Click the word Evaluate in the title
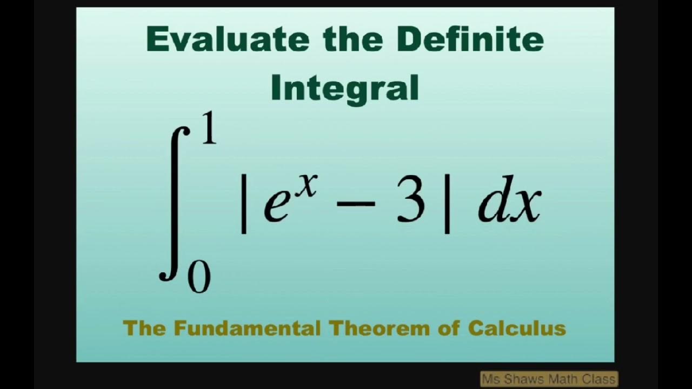pyautogui.click(x=228, y=39)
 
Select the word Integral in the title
pyautogui.click(x=345, y=88)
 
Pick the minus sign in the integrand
pyautogui.click(x=356, y=204)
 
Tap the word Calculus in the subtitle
pyautogui.click(x=517, y=328)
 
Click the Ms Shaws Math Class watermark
pyautogui.click(x=548, y=379)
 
